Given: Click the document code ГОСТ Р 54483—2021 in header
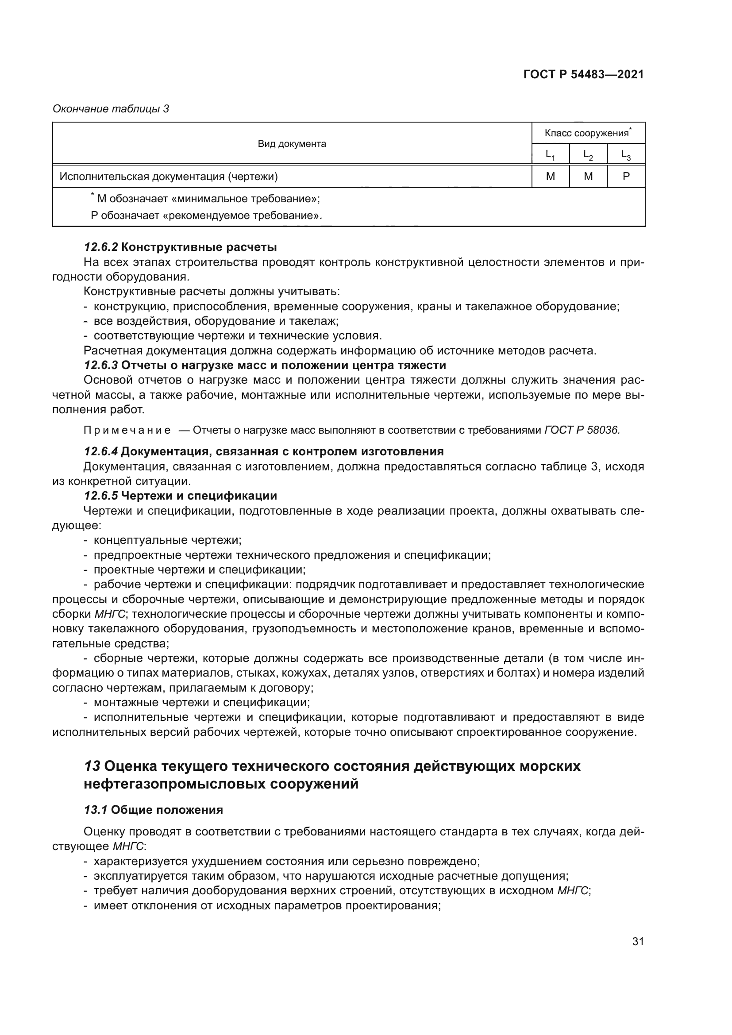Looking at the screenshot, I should point(583,75).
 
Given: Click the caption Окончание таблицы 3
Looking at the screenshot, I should point(111,109).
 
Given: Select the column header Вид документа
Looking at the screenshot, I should point(292,144).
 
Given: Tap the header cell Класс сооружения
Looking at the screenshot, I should point(587,133).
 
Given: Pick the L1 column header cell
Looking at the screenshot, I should point(550,154).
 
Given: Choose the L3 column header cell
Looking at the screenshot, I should point(626,154).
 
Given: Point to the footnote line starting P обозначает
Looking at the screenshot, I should point(206,215).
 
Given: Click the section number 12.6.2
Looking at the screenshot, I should point(100,247).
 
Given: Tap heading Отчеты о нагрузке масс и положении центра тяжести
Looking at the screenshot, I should point(284,365).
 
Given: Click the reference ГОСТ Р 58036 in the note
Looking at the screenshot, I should point(582,430).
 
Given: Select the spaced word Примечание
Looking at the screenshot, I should point(127,430).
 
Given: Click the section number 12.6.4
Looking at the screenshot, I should point(100,451).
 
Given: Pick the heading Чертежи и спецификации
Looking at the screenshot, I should point(199,496).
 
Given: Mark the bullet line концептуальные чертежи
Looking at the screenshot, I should point(167,540).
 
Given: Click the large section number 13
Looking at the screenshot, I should point(92,766).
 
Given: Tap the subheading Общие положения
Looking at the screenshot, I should point(167,810).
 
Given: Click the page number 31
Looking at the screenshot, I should point(638,941).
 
